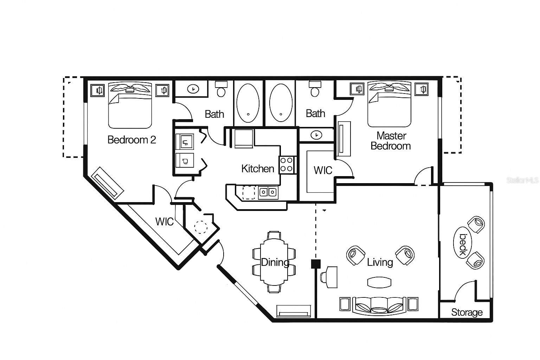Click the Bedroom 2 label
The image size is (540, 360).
(131, 140)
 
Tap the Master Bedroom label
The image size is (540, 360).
(391, 141)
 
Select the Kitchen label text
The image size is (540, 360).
(257, 169)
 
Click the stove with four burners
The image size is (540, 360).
(287, 165)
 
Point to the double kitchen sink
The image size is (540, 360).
(268, 192)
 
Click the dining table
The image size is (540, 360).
(274, 262)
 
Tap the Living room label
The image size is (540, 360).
(380, 262)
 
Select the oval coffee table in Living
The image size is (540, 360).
(379, 282)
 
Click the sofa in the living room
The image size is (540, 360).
(379, 304)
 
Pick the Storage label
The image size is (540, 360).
(467, 312)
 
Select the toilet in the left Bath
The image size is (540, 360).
(221, 89)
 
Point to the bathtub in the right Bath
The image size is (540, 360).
(281, 102)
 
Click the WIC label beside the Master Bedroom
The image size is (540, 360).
(322, 171)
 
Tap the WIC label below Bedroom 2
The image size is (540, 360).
(164, 222)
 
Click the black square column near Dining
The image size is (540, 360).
(316, 264)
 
